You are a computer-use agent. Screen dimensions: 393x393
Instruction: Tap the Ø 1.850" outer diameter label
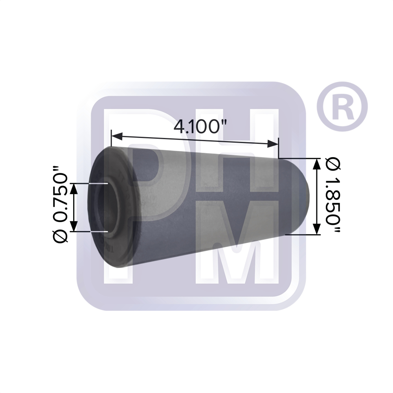[333, 195]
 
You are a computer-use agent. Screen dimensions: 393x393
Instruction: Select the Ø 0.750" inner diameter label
[60, 204]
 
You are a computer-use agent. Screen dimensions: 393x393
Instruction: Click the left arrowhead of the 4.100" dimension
[117, 137]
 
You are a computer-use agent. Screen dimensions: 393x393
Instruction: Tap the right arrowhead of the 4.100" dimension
[273, 144]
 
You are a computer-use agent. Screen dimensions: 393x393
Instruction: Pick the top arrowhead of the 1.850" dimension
[317, 164]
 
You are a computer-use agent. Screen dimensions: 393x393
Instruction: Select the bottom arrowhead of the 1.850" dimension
[317, 229]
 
